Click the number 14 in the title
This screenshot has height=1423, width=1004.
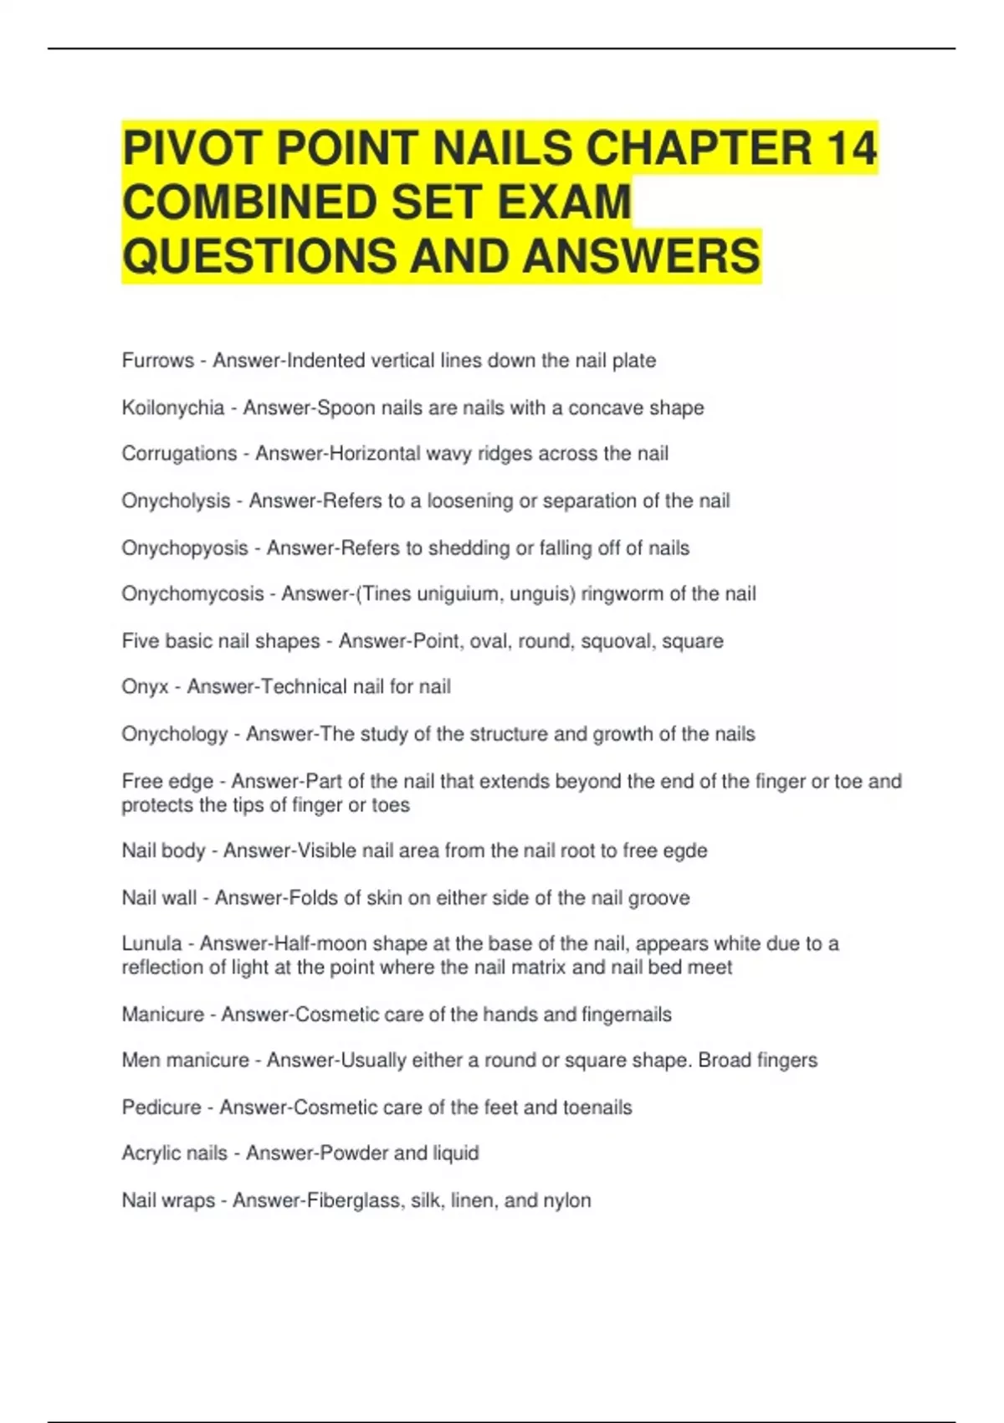(x=851, y=147)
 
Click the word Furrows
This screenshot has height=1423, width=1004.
(x=157, y=361)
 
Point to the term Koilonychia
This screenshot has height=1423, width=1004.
(x=173, y=408)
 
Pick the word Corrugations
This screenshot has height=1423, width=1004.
(x=179, y=454)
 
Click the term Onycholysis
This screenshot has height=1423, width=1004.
(x=176, y=501)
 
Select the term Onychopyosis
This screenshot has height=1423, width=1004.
(x=185, y=548)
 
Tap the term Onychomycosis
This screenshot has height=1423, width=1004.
(x=192, y=594)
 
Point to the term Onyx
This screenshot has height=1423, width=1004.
(x=145, y=687)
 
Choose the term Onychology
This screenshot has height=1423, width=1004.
(x=174, y=734)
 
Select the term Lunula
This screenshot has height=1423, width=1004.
(x=151, y=944)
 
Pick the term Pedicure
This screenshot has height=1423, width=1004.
(x=161, y=1107)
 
